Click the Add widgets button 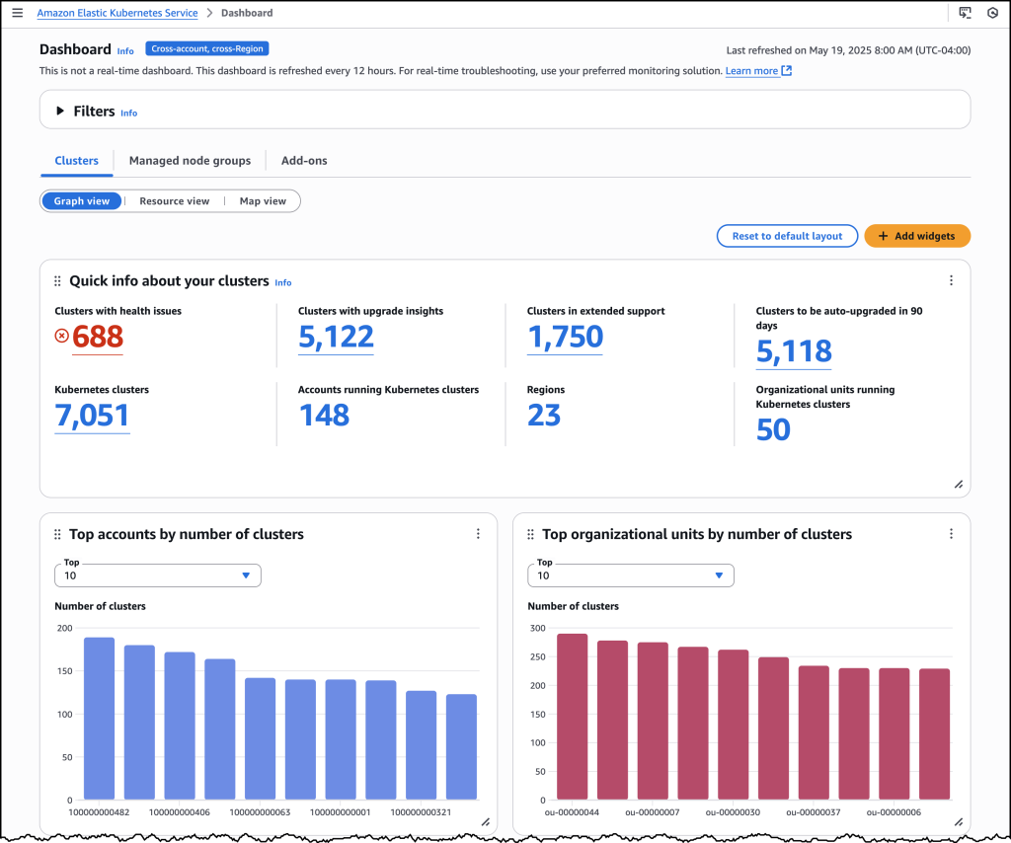(x=917, y=236)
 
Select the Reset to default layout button (x=787, y=236)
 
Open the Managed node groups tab (x=190, y=161)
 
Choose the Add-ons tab (x=304, y=161)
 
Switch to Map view (x=263, y=201)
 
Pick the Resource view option (x=174, y=201)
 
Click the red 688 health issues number (x=97, y=337)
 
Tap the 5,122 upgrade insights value (x=336, y=337)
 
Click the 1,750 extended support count (x=565, y=337)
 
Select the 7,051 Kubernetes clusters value (x=92, y=416)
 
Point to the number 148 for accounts (x=324, y=416)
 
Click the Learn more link (x=751, y=71)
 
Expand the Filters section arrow (x=60, y=112)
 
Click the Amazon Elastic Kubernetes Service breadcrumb (x=117, y=13)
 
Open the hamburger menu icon (x=17, y=13)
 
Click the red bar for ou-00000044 (x=572, y=717)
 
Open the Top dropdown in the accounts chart (x=158, y=575)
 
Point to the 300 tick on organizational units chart (x=537, y=628)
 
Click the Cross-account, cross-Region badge (x=207, y=48)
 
